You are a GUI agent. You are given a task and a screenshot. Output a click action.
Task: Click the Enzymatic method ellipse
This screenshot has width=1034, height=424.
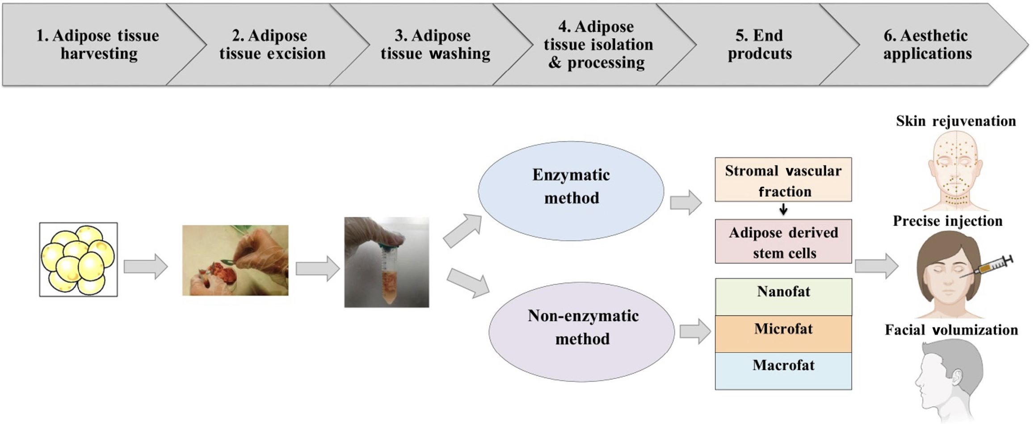(x=571, y=191)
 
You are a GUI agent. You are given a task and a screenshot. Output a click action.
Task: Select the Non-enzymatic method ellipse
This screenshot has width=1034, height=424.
(x=581, y=332)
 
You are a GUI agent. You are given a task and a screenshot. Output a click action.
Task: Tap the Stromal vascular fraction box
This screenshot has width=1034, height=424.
(x=783, y=179)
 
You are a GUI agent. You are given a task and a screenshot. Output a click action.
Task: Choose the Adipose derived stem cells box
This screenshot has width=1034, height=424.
(x=783, y=242)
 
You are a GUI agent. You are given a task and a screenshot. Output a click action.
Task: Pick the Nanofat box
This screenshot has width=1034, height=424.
(x=783, y=297)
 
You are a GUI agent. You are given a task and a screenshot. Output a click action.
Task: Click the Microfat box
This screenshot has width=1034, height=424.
(x=783, y=334)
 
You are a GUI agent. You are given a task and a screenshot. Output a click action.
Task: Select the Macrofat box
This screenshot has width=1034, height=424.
(x=783, y=371)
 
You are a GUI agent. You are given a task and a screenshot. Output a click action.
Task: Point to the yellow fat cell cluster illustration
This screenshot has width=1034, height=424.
(x=78, y=260)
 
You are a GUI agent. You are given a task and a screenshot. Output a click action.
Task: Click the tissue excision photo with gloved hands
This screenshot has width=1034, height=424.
(x=235, y=260)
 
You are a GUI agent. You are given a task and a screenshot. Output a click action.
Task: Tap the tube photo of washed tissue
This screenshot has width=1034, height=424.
(x=387, y=262)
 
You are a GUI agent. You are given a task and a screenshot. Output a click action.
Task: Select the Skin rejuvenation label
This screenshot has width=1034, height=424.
(x=956, y=121)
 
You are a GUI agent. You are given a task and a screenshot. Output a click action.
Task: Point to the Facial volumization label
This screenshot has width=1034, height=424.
(x=951, y=330)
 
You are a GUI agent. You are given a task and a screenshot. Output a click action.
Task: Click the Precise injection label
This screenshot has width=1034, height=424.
(x=948, y=221)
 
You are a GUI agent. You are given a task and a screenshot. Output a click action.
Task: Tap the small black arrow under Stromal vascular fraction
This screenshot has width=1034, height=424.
(x=783, y=209)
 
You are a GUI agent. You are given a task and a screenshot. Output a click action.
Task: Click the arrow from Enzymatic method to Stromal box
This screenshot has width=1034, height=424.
(x=686, y=203)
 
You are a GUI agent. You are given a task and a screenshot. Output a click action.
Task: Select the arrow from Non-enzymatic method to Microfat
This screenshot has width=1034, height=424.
(x=695, y=331)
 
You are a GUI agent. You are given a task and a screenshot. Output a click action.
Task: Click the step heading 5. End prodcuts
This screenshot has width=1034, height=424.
(x=760, y=44)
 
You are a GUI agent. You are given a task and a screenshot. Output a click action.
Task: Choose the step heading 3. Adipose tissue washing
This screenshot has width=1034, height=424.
(x=435, y=44)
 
